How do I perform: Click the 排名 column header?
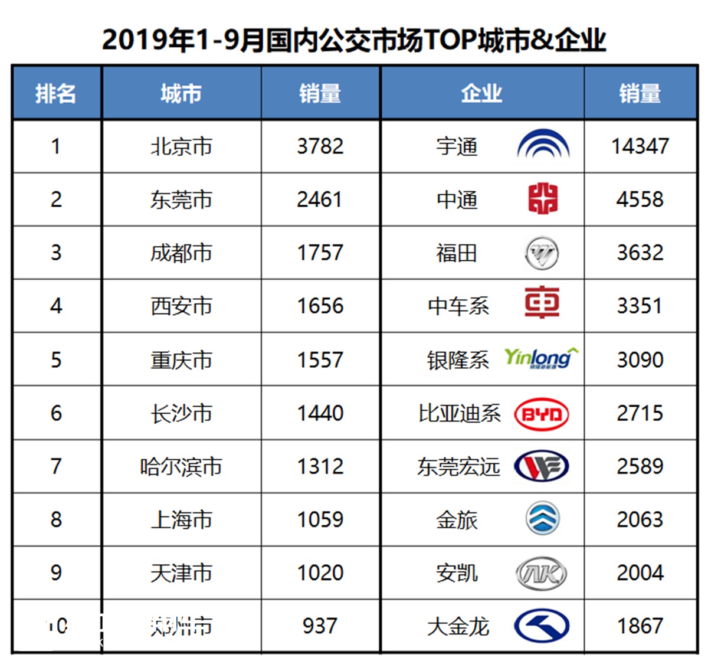[55, 93]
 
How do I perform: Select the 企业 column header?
[481, 93]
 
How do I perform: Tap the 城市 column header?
[181, 93]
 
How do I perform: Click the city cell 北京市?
[181, 146]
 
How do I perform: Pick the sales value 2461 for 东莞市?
[320, 199]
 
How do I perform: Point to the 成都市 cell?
[181, 253]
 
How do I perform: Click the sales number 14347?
[640, 146]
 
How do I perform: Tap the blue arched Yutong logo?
[543, 145]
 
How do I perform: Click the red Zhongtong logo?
[543, 198]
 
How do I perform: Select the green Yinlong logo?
[540, 358]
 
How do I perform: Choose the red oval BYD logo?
[542, 414]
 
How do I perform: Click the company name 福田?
[457, 253]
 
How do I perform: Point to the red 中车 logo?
[542, 302]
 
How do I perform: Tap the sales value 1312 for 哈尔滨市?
[320, 466]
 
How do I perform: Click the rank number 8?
[56, 519]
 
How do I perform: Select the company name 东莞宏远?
[458, 466]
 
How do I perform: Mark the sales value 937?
[320, 626]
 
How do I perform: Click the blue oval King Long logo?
[542, 626]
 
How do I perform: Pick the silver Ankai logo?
[542, 573]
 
